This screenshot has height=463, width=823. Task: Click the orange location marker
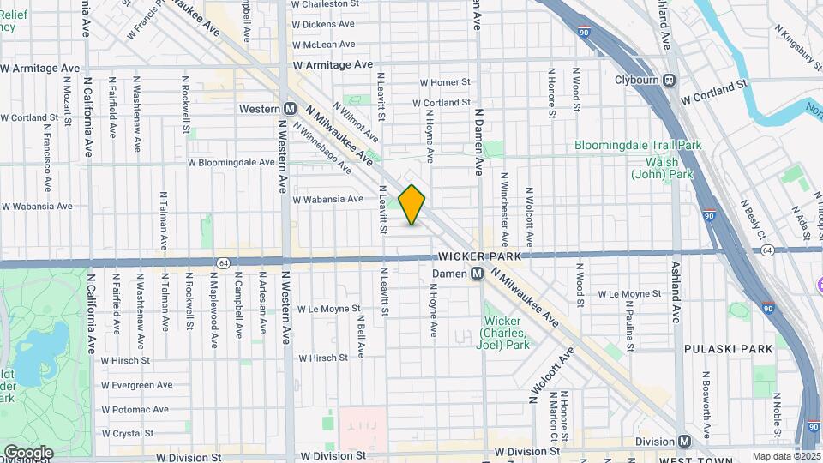click(412, 205)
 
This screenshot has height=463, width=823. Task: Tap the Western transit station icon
click(290, 109)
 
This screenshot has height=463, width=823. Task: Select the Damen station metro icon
click(478, 274)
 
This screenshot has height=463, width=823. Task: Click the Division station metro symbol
click(684, 441)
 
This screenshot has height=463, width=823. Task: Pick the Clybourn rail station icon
click(670, 81)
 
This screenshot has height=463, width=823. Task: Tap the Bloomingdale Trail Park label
click(638, 146)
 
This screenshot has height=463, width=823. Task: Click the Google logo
click(29, 452)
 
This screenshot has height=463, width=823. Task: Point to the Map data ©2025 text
click(786, 456)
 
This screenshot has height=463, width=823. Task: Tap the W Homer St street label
click(445, 82)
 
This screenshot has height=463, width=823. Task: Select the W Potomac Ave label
click(135, 410)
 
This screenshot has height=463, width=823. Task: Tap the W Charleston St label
click(323, 4)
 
